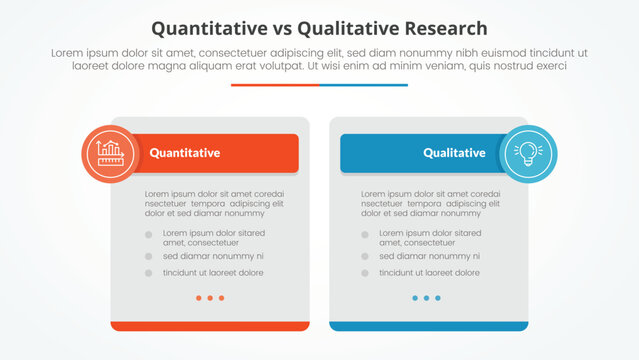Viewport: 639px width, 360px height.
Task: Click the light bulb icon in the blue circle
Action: tap(527, 153)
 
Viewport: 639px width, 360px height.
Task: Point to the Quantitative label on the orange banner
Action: tap(185, 153)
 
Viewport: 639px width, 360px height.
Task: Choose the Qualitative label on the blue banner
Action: tap(454, 153)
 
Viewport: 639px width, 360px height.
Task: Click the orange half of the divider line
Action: tap(275, 85)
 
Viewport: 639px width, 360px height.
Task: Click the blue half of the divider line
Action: tap(364, 85)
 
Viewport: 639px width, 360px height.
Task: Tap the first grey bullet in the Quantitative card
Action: tap(149, 235)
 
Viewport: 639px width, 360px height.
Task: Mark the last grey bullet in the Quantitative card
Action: tap(149, 272)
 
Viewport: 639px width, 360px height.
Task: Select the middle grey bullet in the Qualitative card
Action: tap(366, 256)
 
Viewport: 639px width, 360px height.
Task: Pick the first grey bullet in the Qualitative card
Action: tap(366, 235)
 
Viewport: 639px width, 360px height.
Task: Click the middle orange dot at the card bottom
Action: tap(210, 298)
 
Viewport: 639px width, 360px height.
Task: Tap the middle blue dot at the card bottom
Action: tap(427, 298)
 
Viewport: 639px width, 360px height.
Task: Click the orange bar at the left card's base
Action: tap(210, 326)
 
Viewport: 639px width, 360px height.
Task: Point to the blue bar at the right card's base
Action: tap(428, 326)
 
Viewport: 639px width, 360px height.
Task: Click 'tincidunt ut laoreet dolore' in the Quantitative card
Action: tap(213, 272)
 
